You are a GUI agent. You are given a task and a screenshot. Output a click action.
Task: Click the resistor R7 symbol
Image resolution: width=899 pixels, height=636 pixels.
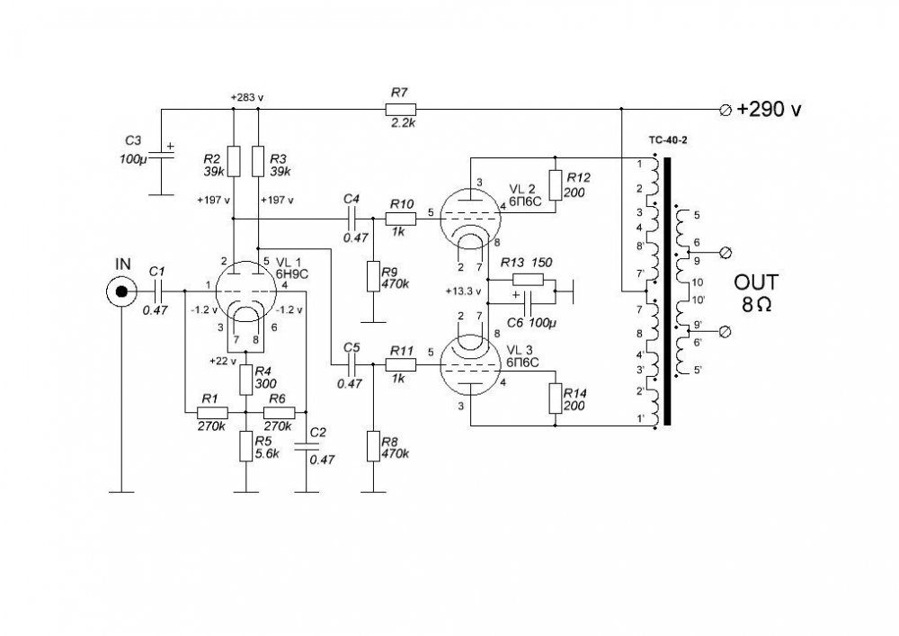[x=401, y=109]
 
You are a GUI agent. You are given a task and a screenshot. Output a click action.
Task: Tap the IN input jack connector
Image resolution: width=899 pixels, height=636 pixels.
[x=121, y=291]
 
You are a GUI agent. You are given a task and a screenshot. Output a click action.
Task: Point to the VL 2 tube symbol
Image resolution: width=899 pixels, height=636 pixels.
[x=470, y=219]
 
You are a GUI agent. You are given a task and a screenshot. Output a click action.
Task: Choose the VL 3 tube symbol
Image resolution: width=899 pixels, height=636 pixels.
[x=470, y=365]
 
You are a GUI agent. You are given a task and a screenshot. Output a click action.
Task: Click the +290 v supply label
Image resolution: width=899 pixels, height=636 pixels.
[x=769, y=109]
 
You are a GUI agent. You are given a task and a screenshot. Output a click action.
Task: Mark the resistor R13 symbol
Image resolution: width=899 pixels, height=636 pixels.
[x=528, y=280]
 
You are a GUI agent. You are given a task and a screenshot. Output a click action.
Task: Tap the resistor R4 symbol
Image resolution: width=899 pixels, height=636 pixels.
[x=245, y=379]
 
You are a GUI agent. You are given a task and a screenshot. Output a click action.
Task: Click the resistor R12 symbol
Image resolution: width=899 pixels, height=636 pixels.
[x=555, y=185]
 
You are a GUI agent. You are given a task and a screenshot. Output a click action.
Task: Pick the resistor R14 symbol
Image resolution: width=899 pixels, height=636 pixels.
[x=555, y=399]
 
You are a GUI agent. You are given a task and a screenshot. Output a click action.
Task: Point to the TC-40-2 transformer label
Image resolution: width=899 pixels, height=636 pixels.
[x=668, y=139]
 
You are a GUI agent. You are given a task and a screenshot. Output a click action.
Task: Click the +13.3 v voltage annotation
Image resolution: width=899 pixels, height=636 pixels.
[x=463, y=291]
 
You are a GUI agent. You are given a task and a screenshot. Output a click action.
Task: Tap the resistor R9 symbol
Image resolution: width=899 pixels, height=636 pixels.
[x=373, y=276]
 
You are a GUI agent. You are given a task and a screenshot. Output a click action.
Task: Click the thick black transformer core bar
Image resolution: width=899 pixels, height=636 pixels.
[x=667, y=291]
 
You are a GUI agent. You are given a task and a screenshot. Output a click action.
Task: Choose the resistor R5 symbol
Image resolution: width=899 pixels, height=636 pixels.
[x=245, y=446]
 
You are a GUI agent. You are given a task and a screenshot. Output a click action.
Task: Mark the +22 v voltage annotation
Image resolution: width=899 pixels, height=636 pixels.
[x=223, y=361]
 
